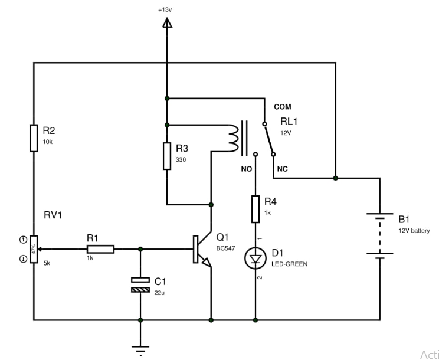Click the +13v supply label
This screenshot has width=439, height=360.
tap(167, 11)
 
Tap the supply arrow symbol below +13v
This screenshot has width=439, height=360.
tap(167, 24)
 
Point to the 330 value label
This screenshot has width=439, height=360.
tap(180, 160)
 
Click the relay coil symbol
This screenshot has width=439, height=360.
tap(233, 137)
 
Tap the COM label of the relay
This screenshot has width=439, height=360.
tap(282, 107)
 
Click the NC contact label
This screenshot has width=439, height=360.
tap(282, 169)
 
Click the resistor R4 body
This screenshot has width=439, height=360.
tap(255, 210)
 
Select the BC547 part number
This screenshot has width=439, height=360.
tap(227, 248)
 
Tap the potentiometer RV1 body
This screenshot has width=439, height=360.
tap(34, 249)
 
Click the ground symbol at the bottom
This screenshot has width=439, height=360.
tap(140, 349)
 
